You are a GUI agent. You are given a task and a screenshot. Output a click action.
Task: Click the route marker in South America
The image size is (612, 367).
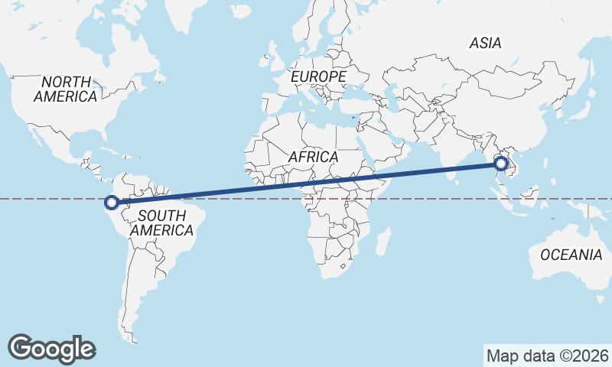111,203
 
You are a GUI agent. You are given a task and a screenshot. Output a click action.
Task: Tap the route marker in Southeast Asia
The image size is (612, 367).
501,163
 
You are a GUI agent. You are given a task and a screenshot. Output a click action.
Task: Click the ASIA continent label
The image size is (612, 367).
486,44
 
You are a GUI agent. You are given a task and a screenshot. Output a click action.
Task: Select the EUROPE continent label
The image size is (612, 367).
319,77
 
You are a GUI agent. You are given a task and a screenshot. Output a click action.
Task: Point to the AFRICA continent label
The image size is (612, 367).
313,157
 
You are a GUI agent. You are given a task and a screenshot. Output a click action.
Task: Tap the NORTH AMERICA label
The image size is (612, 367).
66,89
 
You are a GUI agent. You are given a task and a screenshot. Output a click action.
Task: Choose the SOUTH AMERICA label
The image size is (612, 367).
161,222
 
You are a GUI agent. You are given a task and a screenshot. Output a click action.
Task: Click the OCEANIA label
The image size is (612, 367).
571,255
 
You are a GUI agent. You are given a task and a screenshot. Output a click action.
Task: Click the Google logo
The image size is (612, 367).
52,348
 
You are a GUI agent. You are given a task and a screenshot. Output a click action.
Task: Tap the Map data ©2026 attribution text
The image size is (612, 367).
547,356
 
